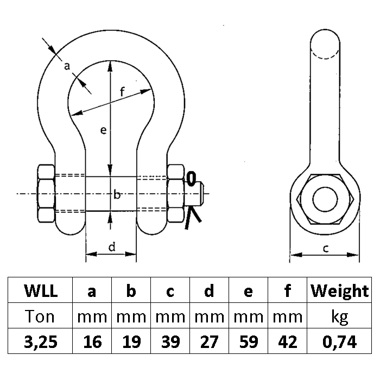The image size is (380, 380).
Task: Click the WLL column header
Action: pos(41,292)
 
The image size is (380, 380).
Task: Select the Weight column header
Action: pos(339,292)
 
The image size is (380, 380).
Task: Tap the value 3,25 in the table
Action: pos(41,341)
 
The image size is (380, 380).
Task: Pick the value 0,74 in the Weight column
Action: pos(339,341)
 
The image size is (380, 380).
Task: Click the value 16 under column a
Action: pos(92,341)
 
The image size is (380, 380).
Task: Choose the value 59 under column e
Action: pos(248,341)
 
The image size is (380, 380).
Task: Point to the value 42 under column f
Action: pos(287,341)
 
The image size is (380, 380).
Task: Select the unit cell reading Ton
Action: pos(41,316)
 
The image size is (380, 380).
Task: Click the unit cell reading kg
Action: pos(339,316)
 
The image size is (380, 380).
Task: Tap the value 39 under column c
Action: pos(170,341)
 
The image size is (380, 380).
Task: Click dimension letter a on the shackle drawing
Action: pos(67,66)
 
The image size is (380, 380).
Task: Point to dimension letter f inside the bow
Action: pos(123,92)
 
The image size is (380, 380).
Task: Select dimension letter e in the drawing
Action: pos(102,130)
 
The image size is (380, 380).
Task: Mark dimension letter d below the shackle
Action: pos(111,248)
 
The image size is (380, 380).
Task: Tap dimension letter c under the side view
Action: pos(326,249)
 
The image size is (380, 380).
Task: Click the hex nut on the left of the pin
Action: pos(46,194)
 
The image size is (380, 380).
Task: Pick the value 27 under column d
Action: pos(209,341)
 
